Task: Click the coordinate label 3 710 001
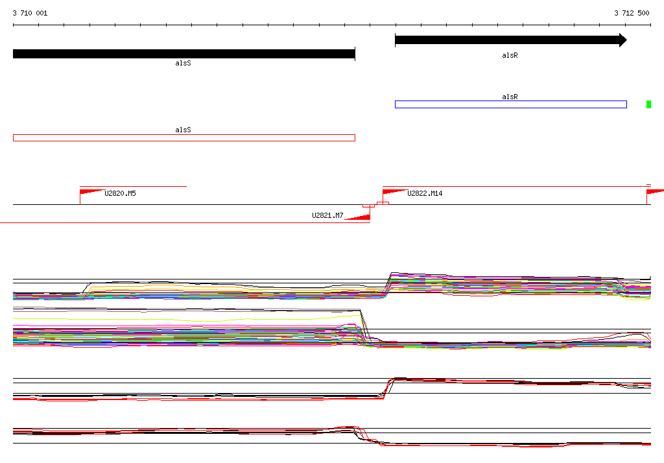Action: [30, 13]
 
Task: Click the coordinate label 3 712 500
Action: [632, 13]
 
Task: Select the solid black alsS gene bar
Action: [184, 54]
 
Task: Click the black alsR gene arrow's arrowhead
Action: [623, 40]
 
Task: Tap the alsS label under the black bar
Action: [183, 63]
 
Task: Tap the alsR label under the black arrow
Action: [510, 56]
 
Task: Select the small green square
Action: [648, 104]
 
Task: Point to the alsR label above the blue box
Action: [510, 97]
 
